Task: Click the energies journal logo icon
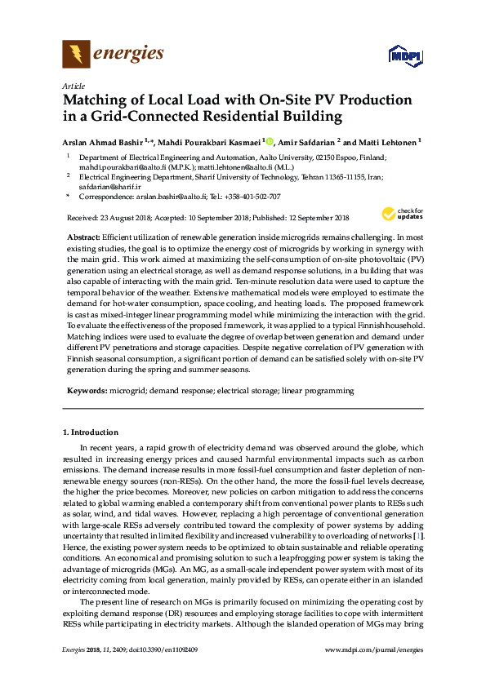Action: (x=76, y=55)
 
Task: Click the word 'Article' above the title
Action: (x=73, y=85)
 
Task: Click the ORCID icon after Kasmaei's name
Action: (x=271, y=140)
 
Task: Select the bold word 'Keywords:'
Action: (x=87, y=391)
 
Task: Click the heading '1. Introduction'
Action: (x=91, y=432)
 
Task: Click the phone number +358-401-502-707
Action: (x=251, y=197)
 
